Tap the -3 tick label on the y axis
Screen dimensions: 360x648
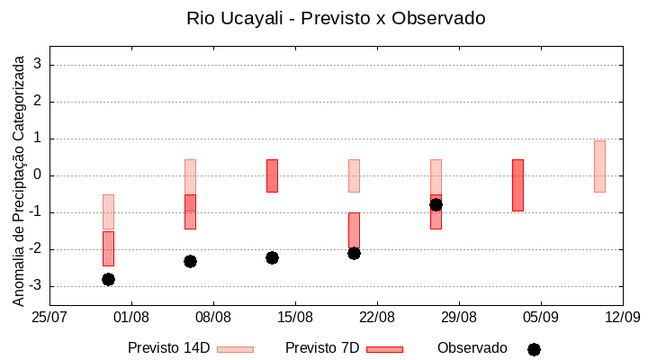coord(37,286)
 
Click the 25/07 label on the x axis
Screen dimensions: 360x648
coord(49,317)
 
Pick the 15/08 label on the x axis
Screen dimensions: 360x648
coord(295,317)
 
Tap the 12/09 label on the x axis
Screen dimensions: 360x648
coord(622,317)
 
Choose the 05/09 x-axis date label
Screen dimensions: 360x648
coord(540,317)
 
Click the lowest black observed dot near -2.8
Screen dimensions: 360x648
coord(108,279)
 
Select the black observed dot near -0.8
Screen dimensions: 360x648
coord(436,204)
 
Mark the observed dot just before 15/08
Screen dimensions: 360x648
coord(272,257)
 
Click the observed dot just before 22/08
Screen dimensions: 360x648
coord(354,253)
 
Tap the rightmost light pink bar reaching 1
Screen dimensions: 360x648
coord(599,166)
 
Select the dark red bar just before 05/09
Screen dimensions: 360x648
coord(517,184)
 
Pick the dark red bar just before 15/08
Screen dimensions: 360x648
coord(272,175)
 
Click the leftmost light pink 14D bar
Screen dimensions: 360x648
coord(108,211)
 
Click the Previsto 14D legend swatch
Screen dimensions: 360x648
coord(235,349)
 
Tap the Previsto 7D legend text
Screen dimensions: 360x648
coord(322,348)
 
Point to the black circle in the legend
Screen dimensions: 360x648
coord(534,349)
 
